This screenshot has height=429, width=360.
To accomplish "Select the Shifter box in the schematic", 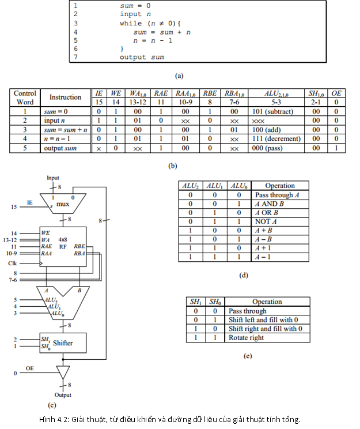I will (62, 343).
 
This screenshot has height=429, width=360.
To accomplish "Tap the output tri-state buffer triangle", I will (63, 371).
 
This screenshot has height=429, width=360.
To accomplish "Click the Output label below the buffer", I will (62, 396).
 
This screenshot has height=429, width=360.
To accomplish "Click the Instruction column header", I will (65, 97).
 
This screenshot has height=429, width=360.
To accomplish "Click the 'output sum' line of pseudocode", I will (142, 57).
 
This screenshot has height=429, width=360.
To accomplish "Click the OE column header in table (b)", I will (336, 93).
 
